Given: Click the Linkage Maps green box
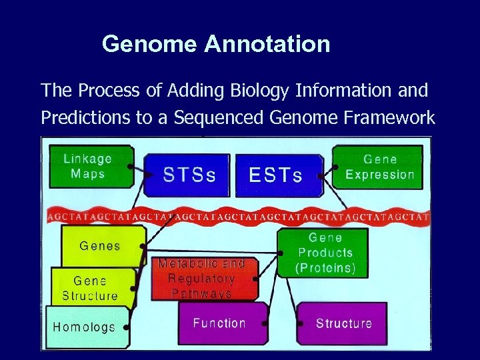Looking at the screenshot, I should coord(87,167).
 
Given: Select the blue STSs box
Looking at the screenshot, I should coord(189,175).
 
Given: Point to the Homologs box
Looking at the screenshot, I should coord(84,327).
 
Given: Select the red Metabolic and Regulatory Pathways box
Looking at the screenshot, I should coord(201,278).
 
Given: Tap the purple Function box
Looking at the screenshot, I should coord(219,323).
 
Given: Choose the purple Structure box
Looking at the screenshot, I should coord(343,323).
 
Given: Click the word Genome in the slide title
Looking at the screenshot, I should coord(150,45).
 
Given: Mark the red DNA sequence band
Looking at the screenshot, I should coord(240,216).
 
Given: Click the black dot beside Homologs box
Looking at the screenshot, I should coord(127,327).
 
